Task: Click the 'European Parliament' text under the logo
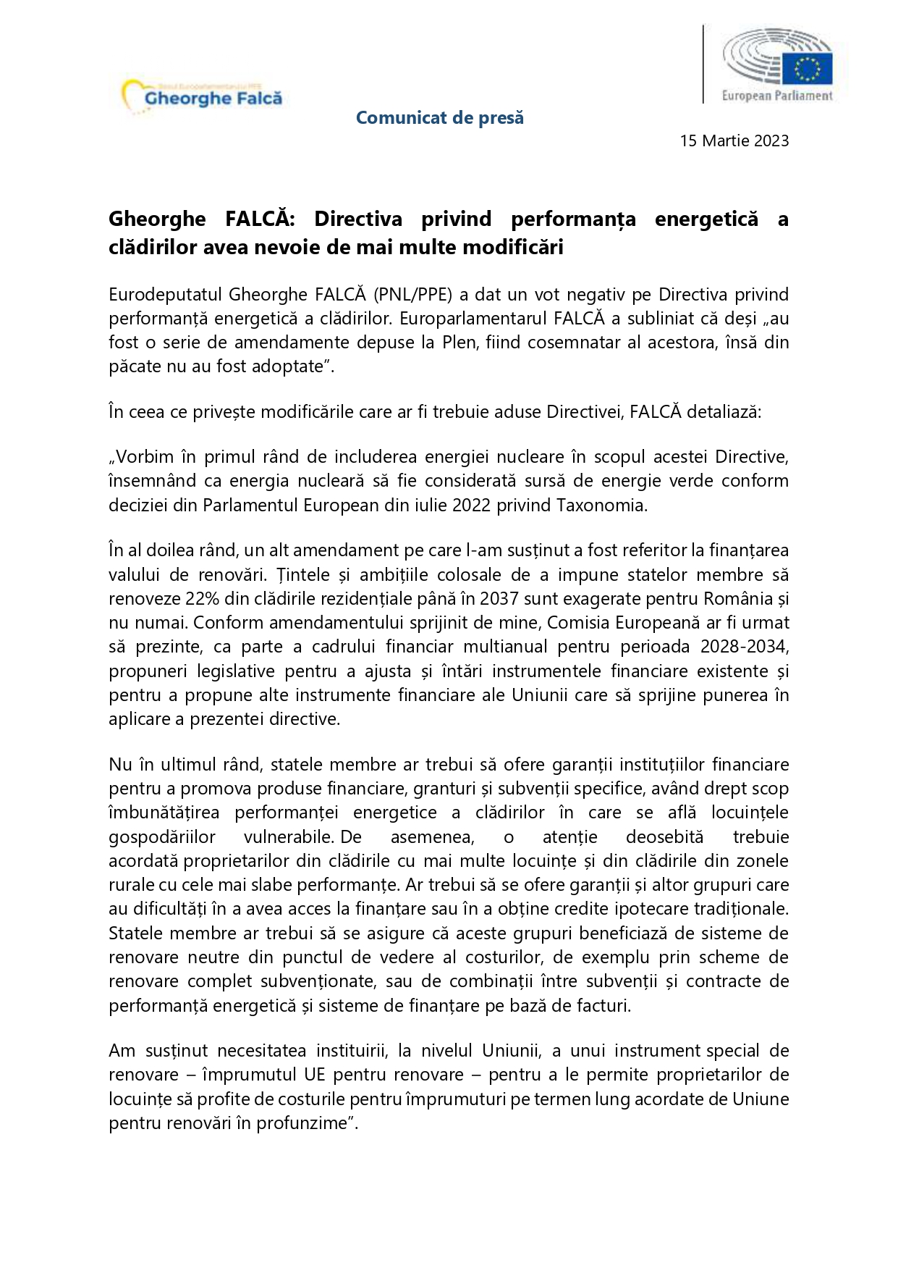(x=777, y=96)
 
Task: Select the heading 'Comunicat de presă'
(x=439, y=117)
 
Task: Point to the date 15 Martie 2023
(x=734, y=140)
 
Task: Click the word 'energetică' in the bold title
(x=706, y=219)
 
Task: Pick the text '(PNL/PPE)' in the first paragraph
(x=413, y=295)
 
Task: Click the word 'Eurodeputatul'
(x=166, y=295)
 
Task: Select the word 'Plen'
(x=457, y=342)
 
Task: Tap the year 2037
(x=499, y=599)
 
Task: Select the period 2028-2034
(x=745, y=647)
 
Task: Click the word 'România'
(x=737, y=599)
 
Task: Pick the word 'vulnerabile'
(x=287, y=837)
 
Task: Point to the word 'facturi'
(x=605, y=1005)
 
